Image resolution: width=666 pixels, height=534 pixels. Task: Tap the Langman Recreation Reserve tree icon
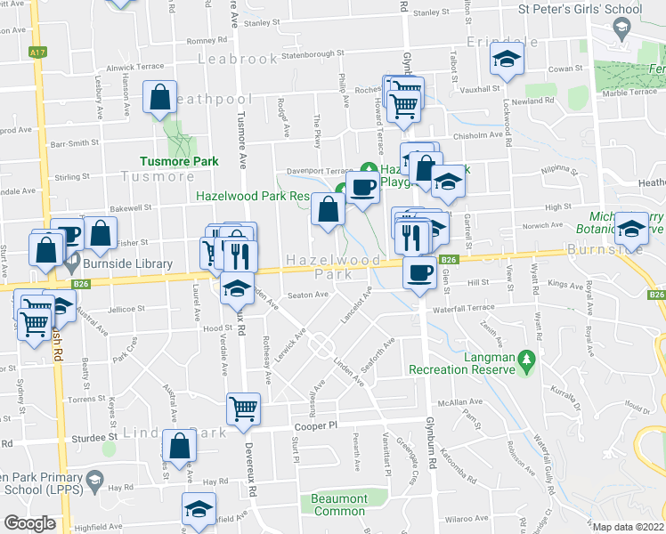click(x=525, y=357)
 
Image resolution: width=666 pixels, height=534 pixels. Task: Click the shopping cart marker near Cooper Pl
click(x=243, y=408)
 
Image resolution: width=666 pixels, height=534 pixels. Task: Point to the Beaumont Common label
click(x=338, y=505)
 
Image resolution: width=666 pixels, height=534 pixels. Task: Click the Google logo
click(x=29, y=523)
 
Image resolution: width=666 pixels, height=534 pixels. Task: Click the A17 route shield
click(x=37, y=53)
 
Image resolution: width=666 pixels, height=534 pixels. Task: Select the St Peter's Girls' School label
click(x=580, y=10)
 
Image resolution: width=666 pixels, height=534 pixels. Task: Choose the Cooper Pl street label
click(x=315, y=426)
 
